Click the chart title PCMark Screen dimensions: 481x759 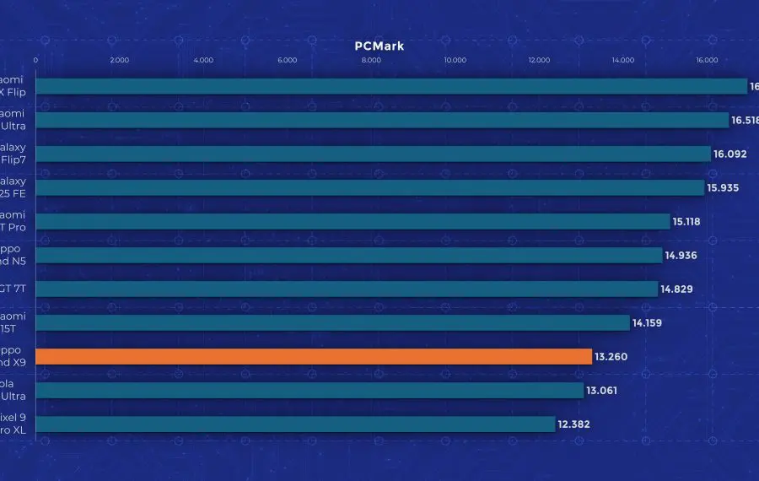[379, 46]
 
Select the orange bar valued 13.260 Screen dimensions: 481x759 [314, 357]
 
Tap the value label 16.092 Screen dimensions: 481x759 [730, 154]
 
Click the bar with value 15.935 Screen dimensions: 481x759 [369, 187]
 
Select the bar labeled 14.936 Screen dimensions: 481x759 [349, 255]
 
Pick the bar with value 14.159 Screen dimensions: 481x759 [332, 322]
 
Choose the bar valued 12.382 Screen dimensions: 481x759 [295, 424]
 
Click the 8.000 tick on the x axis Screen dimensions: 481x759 [371, 60]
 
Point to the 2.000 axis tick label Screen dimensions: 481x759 [120, 60]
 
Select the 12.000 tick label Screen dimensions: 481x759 [539, 60]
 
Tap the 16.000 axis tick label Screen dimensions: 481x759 [707, 60]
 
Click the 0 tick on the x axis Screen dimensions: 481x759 [35, 60]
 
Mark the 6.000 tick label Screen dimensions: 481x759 [287, 60]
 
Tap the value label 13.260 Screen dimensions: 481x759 [611, 357]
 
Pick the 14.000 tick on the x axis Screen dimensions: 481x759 [623, 60]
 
